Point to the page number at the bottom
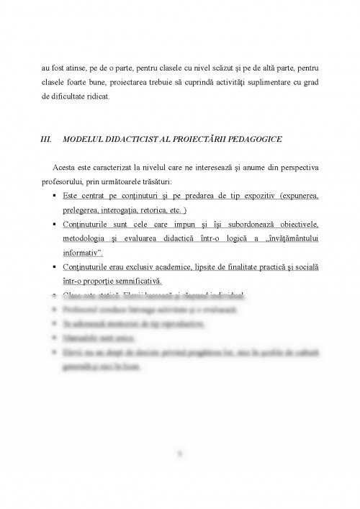[x=180, y=454]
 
